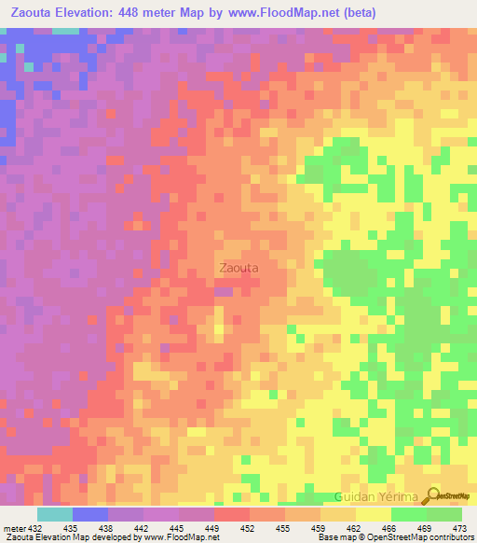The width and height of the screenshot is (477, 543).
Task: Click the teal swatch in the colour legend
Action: pos(55,514)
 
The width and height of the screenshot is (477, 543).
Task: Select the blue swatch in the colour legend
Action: pos(90,514)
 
